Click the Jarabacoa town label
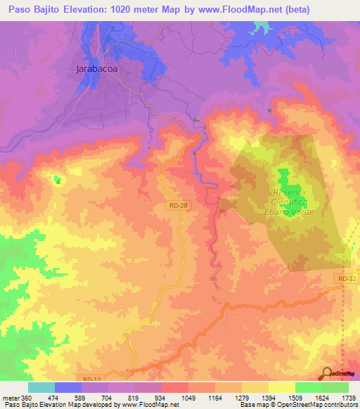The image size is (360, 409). (x=95, y=69)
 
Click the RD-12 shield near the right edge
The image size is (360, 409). (x=342, y=279)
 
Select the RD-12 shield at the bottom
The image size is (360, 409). (x=92, y=379)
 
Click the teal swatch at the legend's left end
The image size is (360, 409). (x=41, y=388)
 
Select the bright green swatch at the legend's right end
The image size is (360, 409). (x=335, y=388)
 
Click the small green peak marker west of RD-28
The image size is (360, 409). (x=57, y=180)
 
